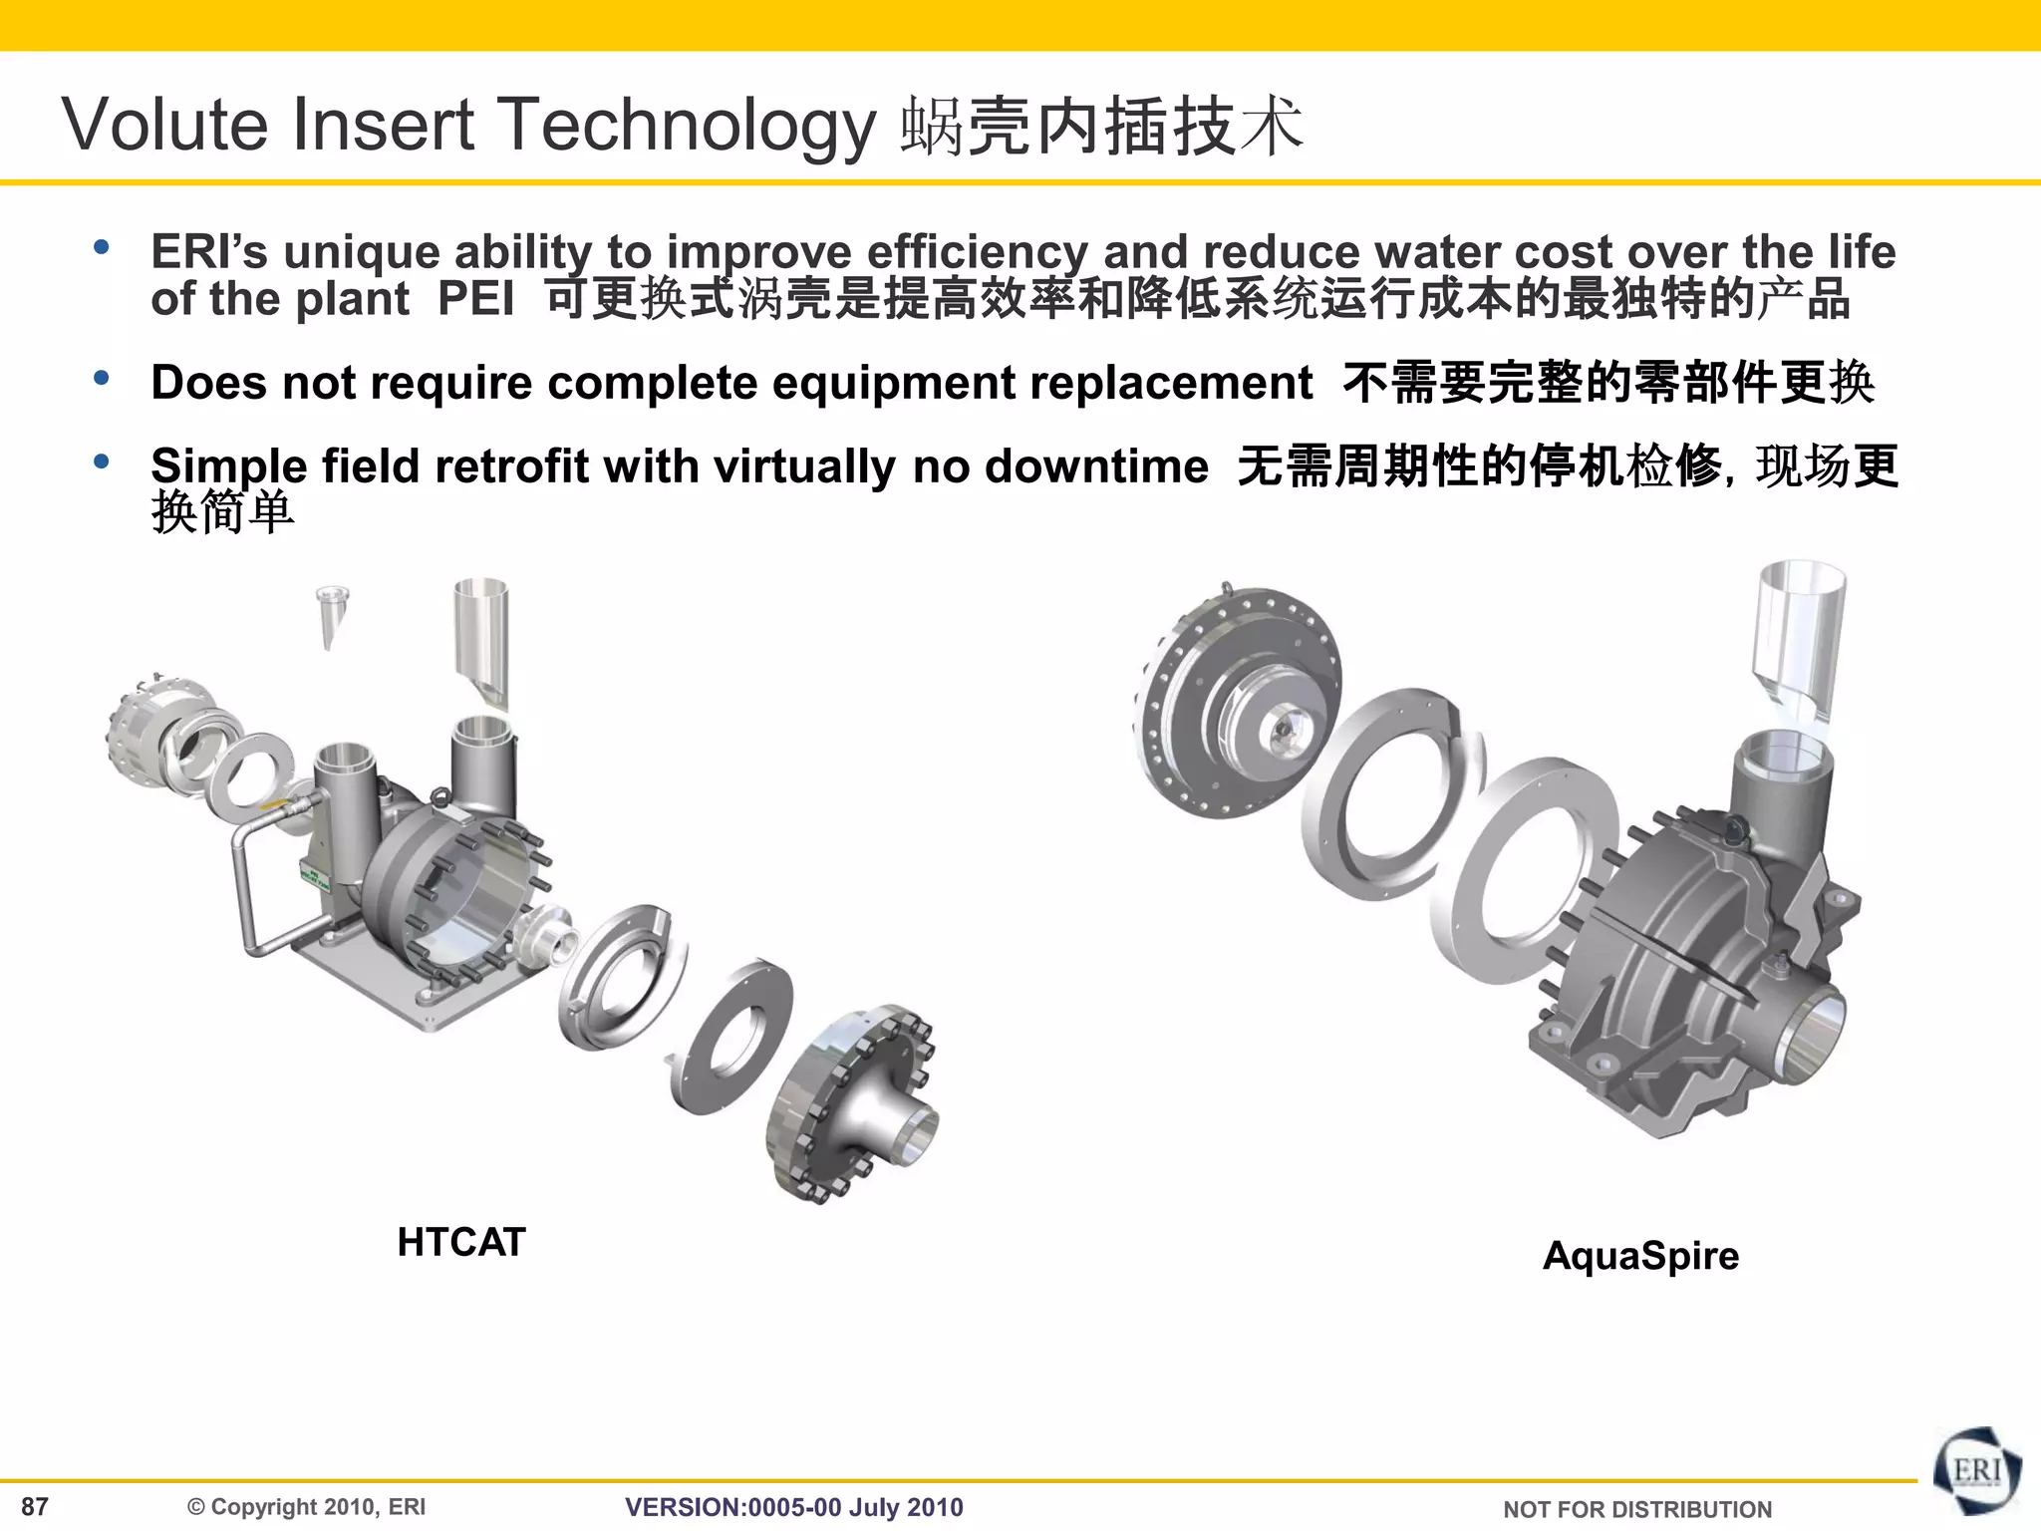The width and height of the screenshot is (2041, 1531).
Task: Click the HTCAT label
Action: point(460,1243)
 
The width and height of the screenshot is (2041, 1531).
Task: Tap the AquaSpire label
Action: point(1640,1255)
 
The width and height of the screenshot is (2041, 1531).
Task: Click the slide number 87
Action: point(35,1506)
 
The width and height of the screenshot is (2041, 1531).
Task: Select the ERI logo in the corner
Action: point(1976,1472)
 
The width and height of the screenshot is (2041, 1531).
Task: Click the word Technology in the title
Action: point(687,127)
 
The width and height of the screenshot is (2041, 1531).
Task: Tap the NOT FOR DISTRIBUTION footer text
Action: point(1636,1509)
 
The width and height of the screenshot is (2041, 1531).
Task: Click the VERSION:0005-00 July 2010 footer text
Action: point(793,1507)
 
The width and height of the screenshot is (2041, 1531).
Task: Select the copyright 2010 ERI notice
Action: point(307,1507)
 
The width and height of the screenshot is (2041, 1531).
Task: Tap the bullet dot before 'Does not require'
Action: point(101,379)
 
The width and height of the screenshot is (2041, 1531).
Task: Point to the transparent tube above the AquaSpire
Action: point(1799,633)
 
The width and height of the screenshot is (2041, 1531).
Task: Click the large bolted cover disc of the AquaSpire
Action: point(1236,698)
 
